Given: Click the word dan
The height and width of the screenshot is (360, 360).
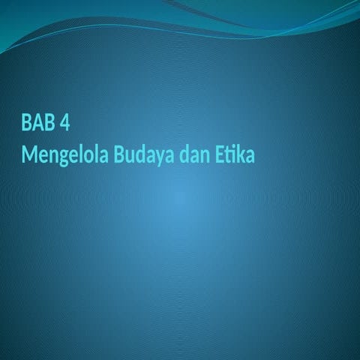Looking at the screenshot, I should (195, 156).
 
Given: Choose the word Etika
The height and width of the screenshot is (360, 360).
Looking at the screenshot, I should (235, 156).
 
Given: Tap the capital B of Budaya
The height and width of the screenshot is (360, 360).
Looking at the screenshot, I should (120, 156).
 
